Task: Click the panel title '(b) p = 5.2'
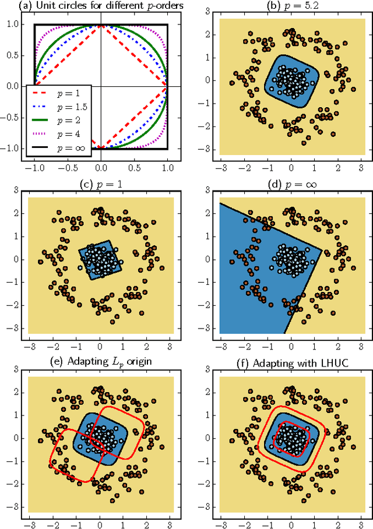tap(291, 7)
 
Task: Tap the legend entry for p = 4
tap(58, 136)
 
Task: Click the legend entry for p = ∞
tap(58, 149)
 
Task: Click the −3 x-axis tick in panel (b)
tap(221, 165)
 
